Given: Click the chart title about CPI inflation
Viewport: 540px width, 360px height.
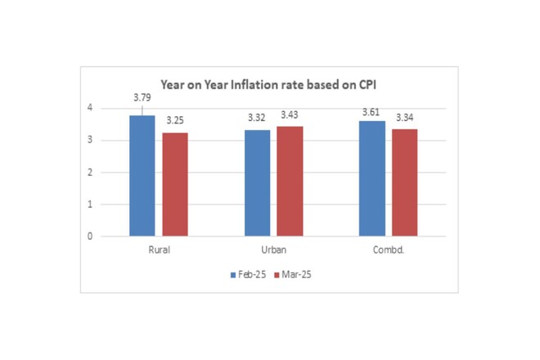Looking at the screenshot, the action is tap(268, 85).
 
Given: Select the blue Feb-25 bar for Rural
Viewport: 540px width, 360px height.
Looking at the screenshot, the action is tap(142, 176).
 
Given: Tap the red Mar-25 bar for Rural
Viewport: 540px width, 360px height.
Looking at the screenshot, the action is tap(175, 184).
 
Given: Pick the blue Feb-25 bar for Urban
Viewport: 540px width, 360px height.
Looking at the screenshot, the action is tap(257, 183).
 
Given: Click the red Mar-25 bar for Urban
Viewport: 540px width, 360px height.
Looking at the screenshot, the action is tap(290, 181).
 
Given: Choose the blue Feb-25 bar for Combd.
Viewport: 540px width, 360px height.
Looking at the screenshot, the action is tap(372, 178).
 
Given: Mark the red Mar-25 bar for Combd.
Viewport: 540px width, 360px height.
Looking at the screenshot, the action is tap(405, 182).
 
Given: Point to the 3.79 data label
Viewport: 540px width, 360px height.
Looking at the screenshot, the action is tap(142, 97).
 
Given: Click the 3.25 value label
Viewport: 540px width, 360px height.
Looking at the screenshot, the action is tap(175, 120).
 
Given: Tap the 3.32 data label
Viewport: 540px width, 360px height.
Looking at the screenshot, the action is tap(257, 118).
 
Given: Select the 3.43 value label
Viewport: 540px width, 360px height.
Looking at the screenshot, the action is tap(290, 115).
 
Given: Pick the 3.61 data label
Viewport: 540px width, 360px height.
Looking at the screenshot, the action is tap(371, 112).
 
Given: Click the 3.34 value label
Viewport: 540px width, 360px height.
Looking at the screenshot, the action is tap(405, 118).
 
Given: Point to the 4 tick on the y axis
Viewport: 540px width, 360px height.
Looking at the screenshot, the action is tap(90, 108).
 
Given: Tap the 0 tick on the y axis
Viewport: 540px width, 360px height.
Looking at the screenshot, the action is tap(90, 236).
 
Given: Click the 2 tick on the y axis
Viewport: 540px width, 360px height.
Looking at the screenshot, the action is tap(90, 173).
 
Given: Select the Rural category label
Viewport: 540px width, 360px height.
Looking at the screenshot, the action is tap(159, 250).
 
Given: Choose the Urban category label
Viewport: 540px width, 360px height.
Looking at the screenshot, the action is tap(274, 250).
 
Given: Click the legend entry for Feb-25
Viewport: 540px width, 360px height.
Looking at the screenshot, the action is tap(248, 275).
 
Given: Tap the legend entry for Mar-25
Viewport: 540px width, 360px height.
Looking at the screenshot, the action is tap(293, 275).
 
